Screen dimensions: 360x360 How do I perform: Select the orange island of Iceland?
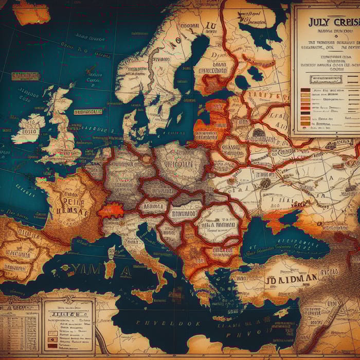31,13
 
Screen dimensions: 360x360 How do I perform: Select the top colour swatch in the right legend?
305,91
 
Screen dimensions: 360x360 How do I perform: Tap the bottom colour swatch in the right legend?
305,123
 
